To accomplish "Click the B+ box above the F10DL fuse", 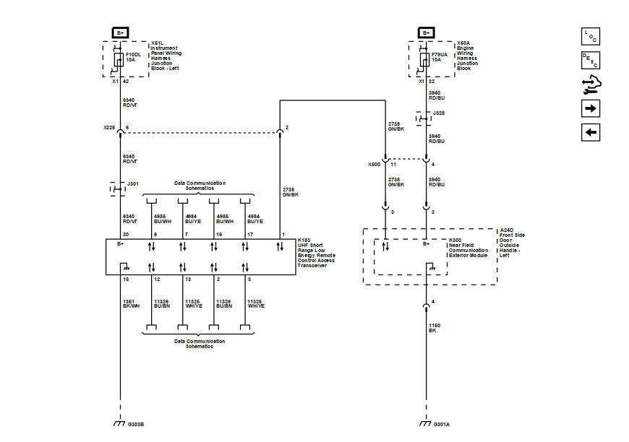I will (119, 32).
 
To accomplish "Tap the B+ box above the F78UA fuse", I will (426, 32).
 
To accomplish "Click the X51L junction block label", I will (165, 56).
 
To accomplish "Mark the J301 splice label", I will (132, 183).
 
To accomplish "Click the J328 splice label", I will (439, 113).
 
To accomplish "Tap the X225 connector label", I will (109, 128).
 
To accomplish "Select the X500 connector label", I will (373, 165).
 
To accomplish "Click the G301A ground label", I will (441, 424).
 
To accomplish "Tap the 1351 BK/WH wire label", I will (130, 303).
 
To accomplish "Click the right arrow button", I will (591, 108).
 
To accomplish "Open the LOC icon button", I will (591, 36).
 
